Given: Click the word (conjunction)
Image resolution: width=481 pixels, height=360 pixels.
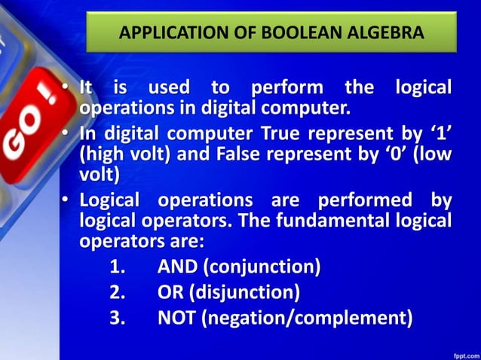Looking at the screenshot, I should [x=262, y=267].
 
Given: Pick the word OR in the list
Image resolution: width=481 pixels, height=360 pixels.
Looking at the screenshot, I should [x=170, y=292].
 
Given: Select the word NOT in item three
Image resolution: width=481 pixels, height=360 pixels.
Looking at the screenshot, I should [x=176, y=318].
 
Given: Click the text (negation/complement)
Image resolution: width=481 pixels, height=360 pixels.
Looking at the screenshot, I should [x=305, y=318].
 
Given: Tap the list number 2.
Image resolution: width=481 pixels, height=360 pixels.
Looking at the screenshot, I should [x=117, y=292].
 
